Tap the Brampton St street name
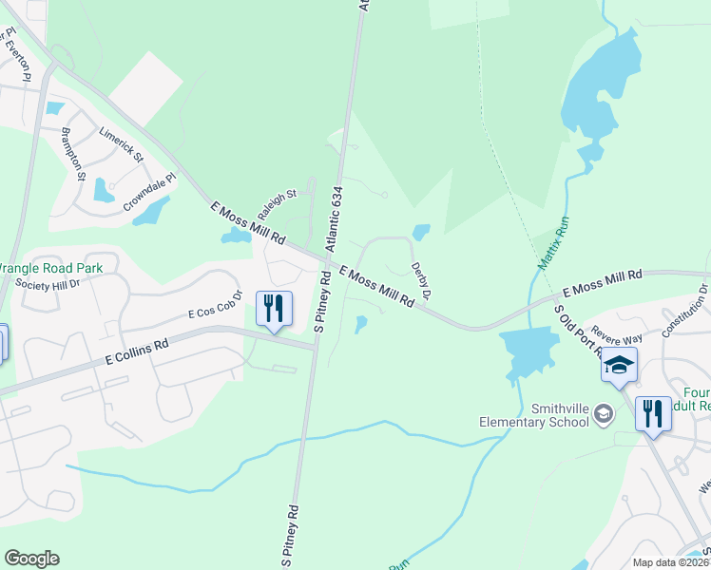73,153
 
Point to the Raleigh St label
278,200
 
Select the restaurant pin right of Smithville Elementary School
652,414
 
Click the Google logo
31,559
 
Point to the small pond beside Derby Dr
421,232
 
